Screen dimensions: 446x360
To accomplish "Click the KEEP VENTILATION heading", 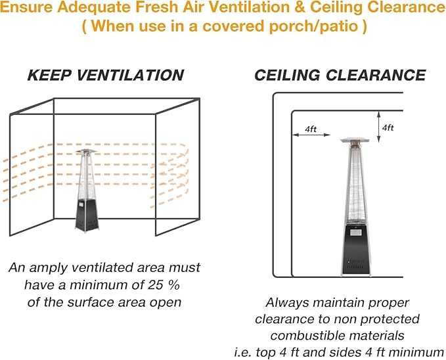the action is pos(106,75).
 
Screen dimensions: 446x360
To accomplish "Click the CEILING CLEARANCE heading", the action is pos(340,75).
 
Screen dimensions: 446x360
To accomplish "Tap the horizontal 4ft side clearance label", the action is pos(311,129).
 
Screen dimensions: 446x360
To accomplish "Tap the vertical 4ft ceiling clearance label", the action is pos(388,128).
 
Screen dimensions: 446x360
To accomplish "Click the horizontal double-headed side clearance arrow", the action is pos(311,135).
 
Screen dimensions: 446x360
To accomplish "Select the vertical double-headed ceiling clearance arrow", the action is pos(378,127).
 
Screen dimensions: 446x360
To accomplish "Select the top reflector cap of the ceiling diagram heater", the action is pos(355,140).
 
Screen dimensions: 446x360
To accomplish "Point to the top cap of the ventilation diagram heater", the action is pos(87,151).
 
